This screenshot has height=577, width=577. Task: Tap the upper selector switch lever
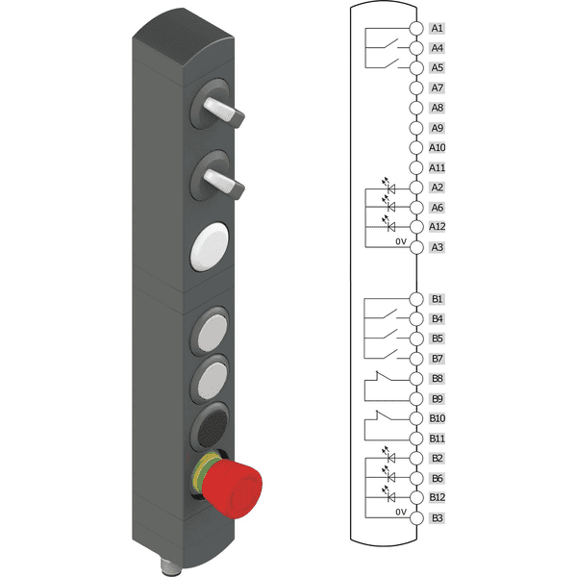pos(223,113)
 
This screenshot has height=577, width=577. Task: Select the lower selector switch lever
pos(224,184)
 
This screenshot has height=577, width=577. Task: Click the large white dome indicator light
pos(210,246)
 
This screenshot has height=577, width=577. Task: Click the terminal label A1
pos(438,28)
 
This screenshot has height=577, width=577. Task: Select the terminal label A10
pos(438,147)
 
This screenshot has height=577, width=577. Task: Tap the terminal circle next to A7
pos(416,88)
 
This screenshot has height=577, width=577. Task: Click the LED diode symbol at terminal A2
pos(390,189)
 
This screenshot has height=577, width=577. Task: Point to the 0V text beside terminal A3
pos(401,241)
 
